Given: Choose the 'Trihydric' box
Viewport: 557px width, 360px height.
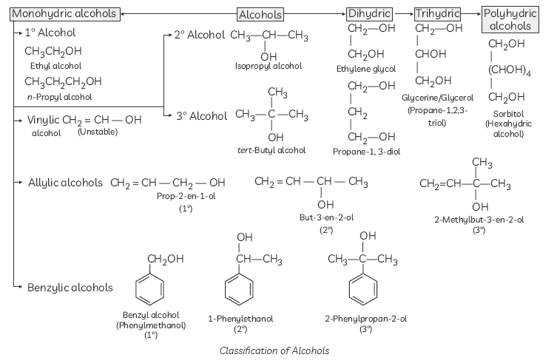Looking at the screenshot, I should tap(437, 14).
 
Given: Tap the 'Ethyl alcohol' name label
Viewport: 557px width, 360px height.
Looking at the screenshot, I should tap(51, 66).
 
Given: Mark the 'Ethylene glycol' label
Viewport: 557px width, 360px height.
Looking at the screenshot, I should tap(365, 68).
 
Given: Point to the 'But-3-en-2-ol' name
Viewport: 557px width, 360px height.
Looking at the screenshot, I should tap(326, 217).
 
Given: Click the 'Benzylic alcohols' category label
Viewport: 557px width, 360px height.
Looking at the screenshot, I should tap(70, 287).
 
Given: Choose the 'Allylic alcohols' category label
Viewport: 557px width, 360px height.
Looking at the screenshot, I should tap(65, 183).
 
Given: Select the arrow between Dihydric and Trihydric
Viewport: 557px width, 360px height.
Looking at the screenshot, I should tap(403, 14).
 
